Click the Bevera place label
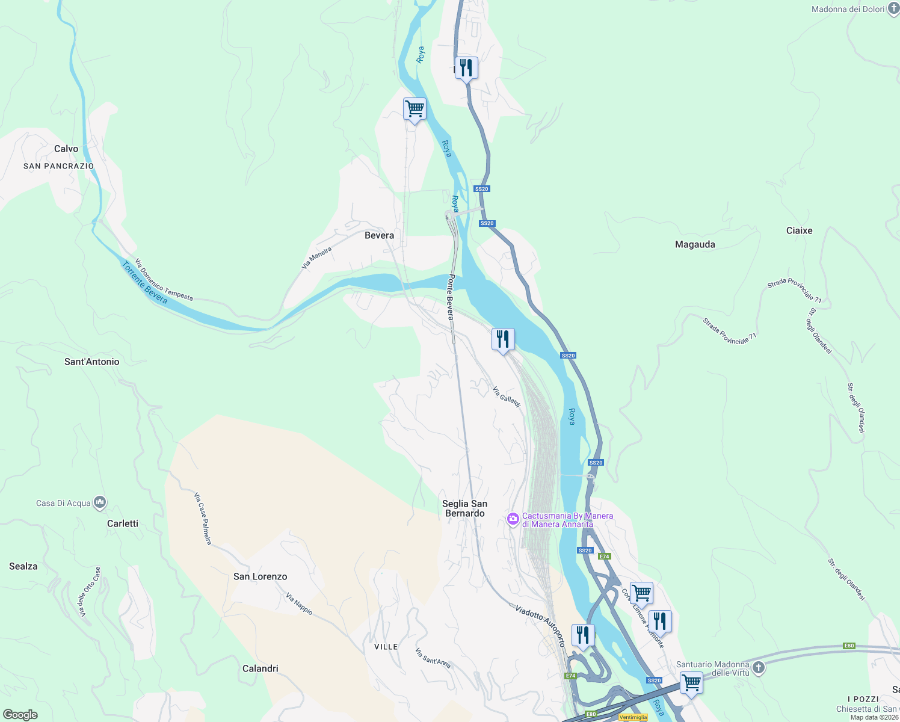pos(379,235)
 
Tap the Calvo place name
pos(66,149)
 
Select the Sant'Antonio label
pos(92,362)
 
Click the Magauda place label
pos(695,244)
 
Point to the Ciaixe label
pos(799,230)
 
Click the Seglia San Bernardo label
pos(464,508)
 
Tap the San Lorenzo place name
pos(260,576)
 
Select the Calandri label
pos(260,668)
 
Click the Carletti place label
pos(123,523)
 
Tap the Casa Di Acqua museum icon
pos(100,502)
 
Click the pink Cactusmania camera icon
pos(513,519)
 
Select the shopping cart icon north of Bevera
pos(415,110)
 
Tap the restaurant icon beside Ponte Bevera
pos(503,340)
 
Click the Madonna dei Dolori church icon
pos(893,8)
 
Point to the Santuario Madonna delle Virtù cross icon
pos(759,667)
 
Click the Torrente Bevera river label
pos(144,283)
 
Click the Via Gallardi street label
pos(506,397)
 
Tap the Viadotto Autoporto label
pos(540,625)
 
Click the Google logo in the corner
pos(20,714)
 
